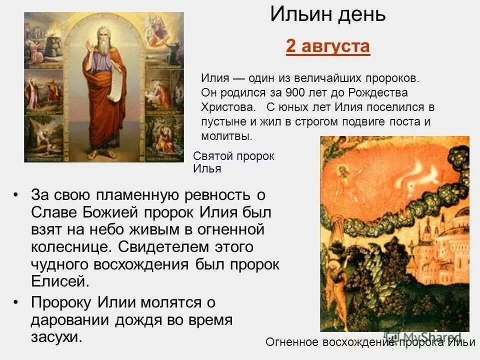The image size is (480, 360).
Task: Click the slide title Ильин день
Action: [328, 15]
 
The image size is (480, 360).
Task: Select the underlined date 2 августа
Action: [328, 47]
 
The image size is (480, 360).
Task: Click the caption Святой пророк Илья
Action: [233, 162]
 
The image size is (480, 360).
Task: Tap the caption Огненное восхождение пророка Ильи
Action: [370, 342]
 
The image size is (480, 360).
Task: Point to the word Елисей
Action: [60, 281]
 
